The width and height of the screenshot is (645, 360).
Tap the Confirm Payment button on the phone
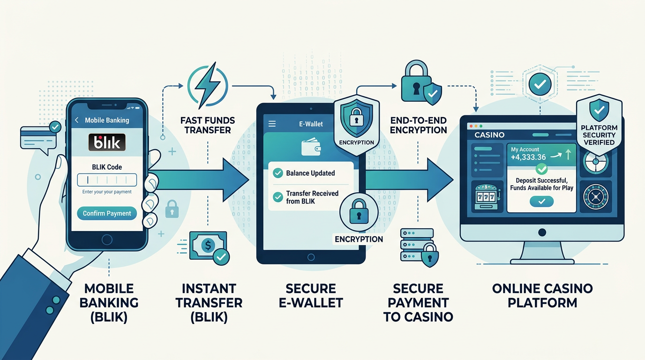point(107,213)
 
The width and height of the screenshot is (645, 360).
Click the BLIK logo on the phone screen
point(107,142)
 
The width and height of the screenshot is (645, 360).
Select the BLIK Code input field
point(107,180)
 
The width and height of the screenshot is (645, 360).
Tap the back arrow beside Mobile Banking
point(77,120)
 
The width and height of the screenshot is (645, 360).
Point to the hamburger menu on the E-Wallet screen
point(271,124)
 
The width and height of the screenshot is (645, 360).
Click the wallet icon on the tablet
point(310,148)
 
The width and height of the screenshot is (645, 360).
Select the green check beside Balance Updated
point(278,173)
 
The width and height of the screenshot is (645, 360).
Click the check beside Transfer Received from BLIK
point(278,197)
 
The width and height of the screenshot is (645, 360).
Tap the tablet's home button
point(310,257)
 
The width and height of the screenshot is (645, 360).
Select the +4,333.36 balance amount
point(528,157)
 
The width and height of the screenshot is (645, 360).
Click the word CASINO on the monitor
point(489,135)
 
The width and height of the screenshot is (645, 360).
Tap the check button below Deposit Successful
point(541,202)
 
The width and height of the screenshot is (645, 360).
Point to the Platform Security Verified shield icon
point(599,112)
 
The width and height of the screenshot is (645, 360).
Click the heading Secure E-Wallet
point(310,295)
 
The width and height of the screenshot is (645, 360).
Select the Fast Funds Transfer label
point(208,125)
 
